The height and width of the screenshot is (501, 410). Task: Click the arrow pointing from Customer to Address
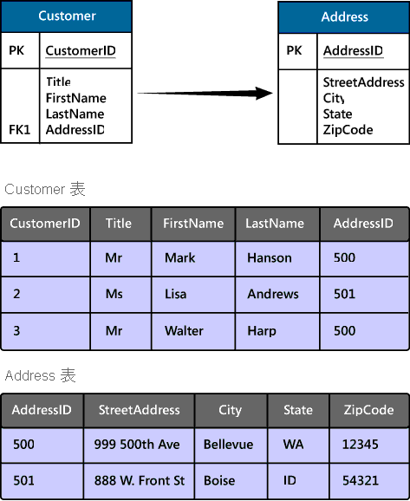tap(205, 94)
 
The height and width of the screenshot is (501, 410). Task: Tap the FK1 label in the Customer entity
tap(19, 130)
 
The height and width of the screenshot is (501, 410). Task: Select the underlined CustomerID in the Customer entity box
tap(81, 51)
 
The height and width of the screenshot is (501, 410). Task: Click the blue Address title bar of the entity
tap(344, 17)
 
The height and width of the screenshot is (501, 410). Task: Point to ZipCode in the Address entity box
tap(348, 130)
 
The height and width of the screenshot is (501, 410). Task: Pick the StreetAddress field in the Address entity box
tap(364, 82)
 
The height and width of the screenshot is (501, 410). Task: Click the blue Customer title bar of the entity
tap(67, 16)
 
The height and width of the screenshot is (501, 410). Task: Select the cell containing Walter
tap(193, 331)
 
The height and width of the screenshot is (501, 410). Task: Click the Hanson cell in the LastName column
tap(277, 258)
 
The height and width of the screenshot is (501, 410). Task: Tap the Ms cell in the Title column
tap(120, 294)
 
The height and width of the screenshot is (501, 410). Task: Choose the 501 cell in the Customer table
tap(364, 294)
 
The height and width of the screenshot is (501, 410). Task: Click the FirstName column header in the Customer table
tap(193, 224)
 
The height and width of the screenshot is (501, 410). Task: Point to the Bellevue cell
tap(231, 445)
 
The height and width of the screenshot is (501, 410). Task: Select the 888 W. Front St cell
tap(139, 481)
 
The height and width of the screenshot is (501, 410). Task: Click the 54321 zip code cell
tap(369, 481)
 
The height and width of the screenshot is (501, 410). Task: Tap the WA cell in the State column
tap(298, 445)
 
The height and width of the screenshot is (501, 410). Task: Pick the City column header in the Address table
tap(231, 410)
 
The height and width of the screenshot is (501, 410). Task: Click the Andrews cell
tap(277, 294)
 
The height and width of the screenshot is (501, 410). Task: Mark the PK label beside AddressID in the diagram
tap(294, 50)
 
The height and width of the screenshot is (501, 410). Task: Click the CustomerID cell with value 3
tap(46, 331)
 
